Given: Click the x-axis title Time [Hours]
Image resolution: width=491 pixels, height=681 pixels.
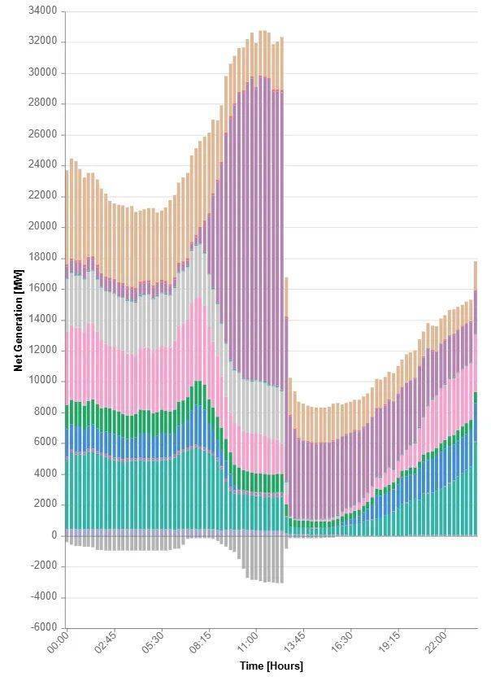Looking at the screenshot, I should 271,666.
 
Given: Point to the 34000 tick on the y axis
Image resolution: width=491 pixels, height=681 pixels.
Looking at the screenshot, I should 42,11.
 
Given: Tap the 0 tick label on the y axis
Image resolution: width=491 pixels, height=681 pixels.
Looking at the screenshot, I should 54,535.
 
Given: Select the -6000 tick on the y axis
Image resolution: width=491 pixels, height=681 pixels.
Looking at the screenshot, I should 44,627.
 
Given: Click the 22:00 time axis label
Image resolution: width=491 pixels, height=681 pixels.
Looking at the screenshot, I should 437,641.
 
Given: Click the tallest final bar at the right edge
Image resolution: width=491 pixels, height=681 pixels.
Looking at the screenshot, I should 475,399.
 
